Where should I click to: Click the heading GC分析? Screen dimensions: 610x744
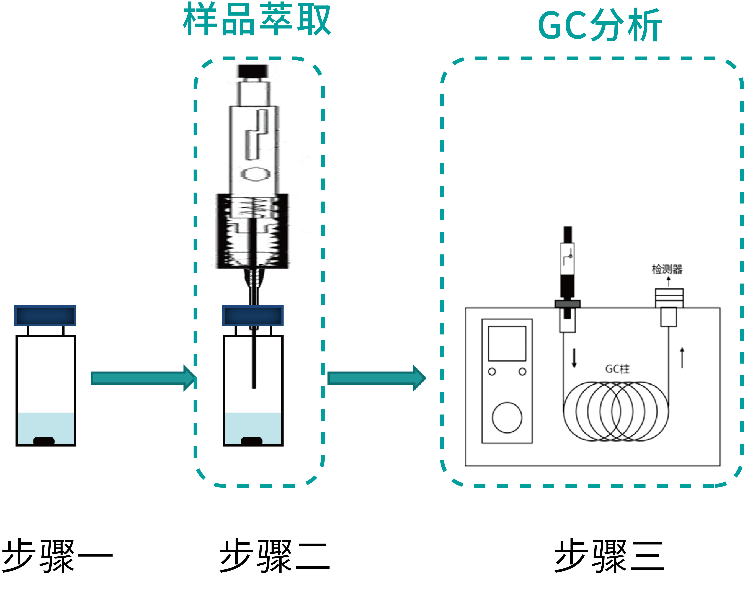(x=600, y=25)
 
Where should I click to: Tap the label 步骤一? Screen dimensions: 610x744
(x=57, y=556)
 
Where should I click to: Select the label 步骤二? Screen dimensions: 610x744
(x=274, y=556)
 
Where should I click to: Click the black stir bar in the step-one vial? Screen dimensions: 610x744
(x=44, y=441)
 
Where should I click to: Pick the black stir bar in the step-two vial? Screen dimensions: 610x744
(x=252, y=441)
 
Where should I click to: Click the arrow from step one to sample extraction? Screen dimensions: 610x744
(x=142, y=378)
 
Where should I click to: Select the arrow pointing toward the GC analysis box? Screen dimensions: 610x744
(x=376, y=378)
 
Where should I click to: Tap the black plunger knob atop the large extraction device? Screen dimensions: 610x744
(x=253, y=71)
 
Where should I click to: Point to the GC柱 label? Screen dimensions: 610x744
(x=617, y=369)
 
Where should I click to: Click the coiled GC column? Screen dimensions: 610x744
(x=616, y=411)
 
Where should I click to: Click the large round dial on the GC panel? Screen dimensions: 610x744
(x=507, y=417)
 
